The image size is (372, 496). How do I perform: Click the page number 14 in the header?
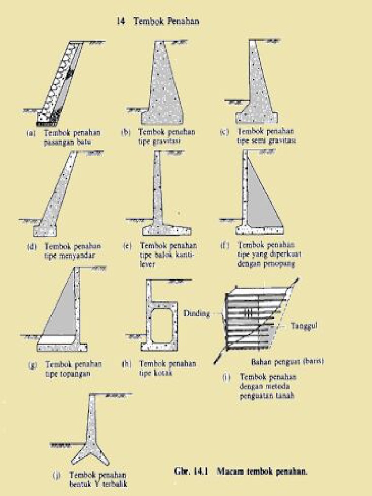coord(120,21)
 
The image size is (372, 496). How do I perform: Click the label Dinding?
coord(197,313)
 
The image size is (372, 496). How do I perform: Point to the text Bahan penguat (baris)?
coord(287,361)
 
